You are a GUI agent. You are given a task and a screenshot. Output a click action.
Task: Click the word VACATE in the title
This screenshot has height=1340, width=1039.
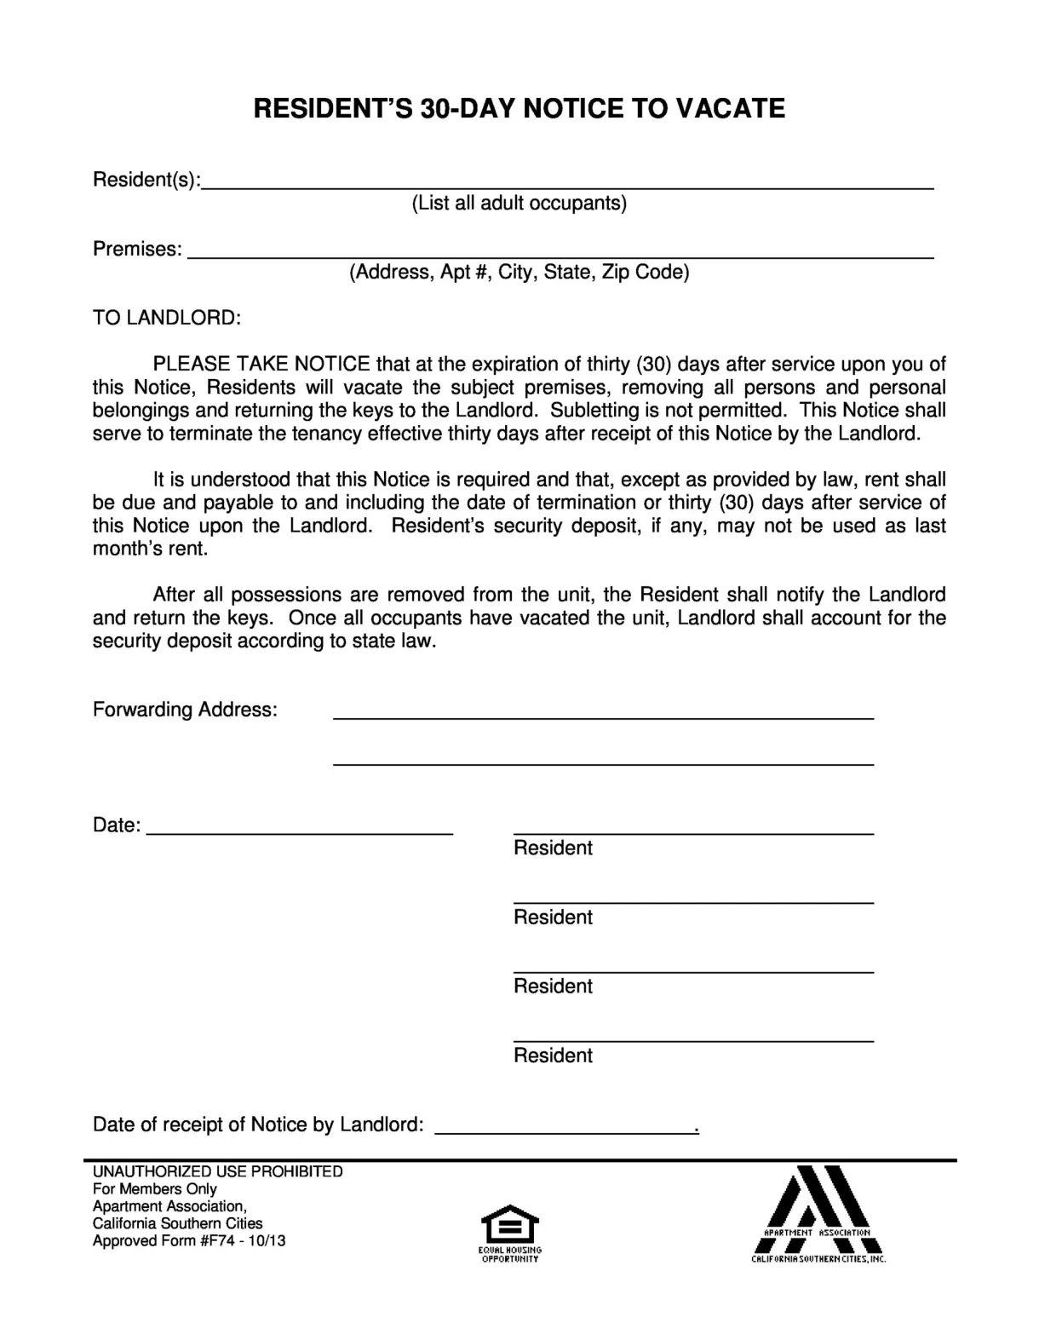(730, 108)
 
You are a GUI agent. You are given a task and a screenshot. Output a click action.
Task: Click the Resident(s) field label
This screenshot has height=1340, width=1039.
(146, 180)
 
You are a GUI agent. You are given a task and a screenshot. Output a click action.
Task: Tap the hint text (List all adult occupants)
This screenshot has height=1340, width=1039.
(519, 203)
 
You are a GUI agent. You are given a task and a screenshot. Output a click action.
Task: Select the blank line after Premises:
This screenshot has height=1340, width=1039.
(560, 253)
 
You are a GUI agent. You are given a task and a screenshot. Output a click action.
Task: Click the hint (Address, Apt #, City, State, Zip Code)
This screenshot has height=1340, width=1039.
(519, 272)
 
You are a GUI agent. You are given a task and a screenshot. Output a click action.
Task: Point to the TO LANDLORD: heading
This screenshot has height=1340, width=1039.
(166, 318)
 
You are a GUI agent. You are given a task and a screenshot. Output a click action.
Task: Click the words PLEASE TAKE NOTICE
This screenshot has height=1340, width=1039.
(261, 364)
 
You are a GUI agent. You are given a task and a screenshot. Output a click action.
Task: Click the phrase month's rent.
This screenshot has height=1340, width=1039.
(150, 549)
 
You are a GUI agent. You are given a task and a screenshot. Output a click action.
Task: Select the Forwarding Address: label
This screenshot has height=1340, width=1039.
(185, 710)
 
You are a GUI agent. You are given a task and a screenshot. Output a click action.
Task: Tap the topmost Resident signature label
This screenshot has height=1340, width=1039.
(553, 848)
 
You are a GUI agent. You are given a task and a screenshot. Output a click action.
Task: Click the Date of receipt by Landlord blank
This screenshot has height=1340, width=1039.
(565, 1130)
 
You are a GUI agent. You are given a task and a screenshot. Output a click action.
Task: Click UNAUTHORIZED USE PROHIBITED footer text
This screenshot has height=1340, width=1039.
(217, 1171)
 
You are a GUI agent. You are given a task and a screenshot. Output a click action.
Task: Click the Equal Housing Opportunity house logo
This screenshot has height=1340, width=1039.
(509, 1226)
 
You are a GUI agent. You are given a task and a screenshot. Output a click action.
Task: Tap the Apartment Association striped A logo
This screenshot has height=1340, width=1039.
(818, 1210)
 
